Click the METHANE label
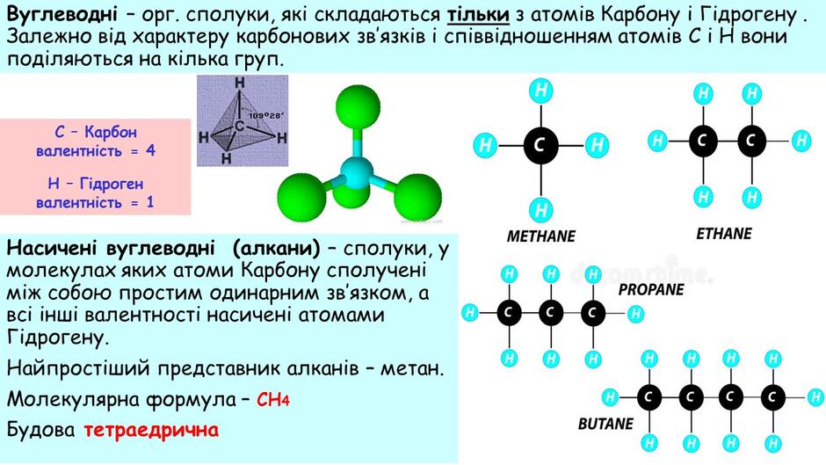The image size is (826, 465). [541, 236]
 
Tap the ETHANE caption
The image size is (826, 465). [724, 234]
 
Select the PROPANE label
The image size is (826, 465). [651, 289]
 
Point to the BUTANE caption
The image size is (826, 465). [605, 424]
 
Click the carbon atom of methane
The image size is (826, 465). [541, 144]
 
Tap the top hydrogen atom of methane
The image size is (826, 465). [541, 91]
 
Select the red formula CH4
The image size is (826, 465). [273, 400]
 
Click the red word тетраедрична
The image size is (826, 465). [151, 430]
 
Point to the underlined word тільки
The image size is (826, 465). [478, 15]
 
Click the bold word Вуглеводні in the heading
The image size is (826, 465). [62, 15]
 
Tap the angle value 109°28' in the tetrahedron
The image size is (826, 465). [267, 115]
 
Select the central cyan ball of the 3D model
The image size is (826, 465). [357, 173]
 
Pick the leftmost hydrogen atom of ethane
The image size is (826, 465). [658, 141]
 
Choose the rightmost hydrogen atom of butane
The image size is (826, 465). [815, 397]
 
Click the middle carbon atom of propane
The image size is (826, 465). [550, 313]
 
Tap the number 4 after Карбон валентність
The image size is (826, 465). [150, 151]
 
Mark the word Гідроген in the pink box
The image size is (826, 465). [111, 184]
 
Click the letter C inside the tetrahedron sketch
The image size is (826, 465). [240, 127]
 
